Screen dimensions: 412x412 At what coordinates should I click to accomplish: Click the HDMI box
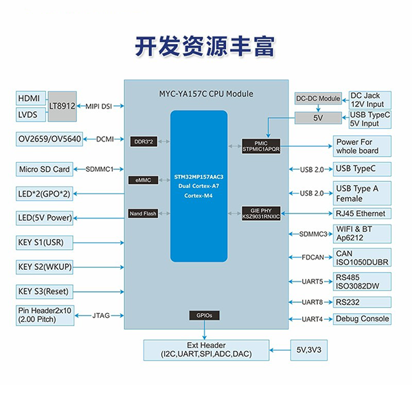click(x=30, y=98)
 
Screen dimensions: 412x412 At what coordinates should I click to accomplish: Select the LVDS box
click(x=30, y=114)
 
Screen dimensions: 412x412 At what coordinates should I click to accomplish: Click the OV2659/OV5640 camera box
click(x=50, y=139)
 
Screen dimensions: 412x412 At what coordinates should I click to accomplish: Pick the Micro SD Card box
click(x=44, y=169)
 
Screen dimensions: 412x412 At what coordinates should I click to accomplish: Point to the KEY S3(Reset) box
click(x=45, y=290)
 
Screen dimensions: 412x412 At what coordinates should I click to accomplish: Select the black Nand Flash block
click(x=144, y=214)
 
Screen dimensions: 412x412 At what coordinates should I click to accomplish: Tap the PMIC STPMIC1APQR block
click(x=262, y=145)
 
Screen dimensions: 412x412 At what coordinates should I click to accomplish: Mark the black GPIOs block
click(x=203, y=316)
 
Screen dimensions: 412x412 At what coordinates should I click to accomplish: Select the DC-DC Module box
click(x=318, y=99)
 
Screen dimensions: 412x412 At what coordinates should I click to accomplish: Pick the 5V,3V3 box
click(x=310, y=349)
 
